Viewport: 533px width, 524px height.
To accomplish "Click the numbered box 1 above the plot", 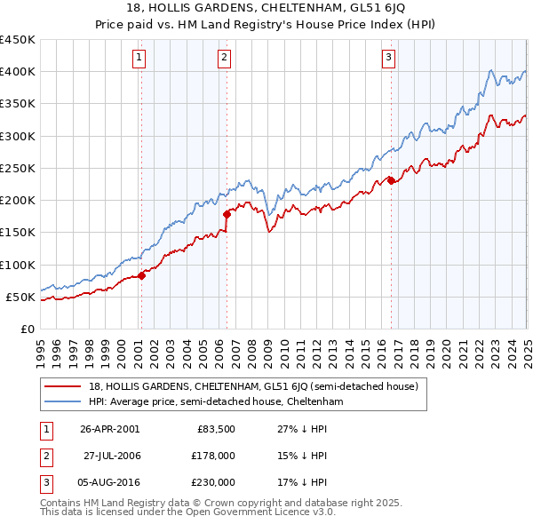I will (x=140, y=59).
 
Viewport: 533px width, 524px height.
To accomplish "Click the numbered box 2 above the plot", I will (x=224, y=59).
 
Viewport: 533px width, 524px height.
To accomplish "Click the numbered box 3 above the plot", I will (x=389, y=59).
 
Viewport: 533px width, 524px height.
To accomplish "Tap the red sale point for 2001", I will (x=141, y=274).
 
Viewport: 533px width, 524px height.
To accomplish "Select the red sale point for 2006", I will (x=227, y=214).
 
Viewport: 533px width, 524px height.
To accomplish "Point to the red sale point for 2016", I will (x=391, y=180).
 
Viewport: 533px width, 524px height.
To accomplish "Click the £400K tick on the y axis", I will (x=18, y=72).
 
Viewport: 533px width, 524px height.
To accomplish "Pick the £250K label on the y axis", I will (x=18, y=168).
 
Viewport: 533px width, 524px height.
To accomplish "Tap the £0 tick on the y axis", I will (x=27, y=329).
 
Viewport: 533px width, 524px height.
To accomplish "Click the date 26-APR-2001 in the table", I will (x=109, y=429).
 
